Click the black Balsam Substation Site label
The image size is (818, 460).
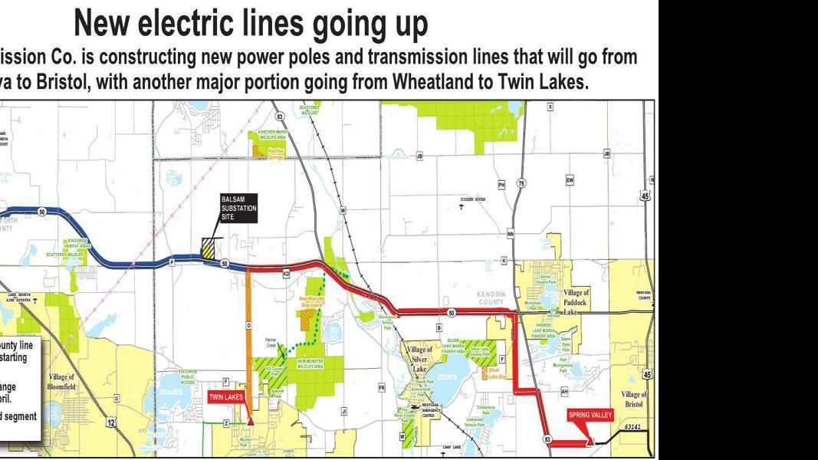coord(238,207)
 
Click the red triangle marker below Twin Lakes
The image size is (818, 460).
coord(250,421)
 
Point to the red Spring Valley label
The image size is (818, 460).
coord(590,416)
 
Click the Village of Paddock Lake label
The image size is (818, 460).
coord(576,302)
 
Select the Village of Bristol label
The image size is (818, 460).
coord(636,399)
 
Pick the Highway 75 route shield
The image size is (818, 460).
coord(521,184)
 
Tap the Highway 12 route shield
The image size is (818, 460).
coord(111,422)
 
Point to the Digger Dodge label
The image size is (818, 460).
coord(472,199)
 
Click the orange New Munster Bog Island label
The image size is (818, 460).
coord(310,301)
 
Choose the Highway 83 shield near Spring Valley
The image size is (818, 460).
coord(547,439)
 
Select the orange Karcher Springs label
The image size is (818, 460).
coord(275,153)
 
